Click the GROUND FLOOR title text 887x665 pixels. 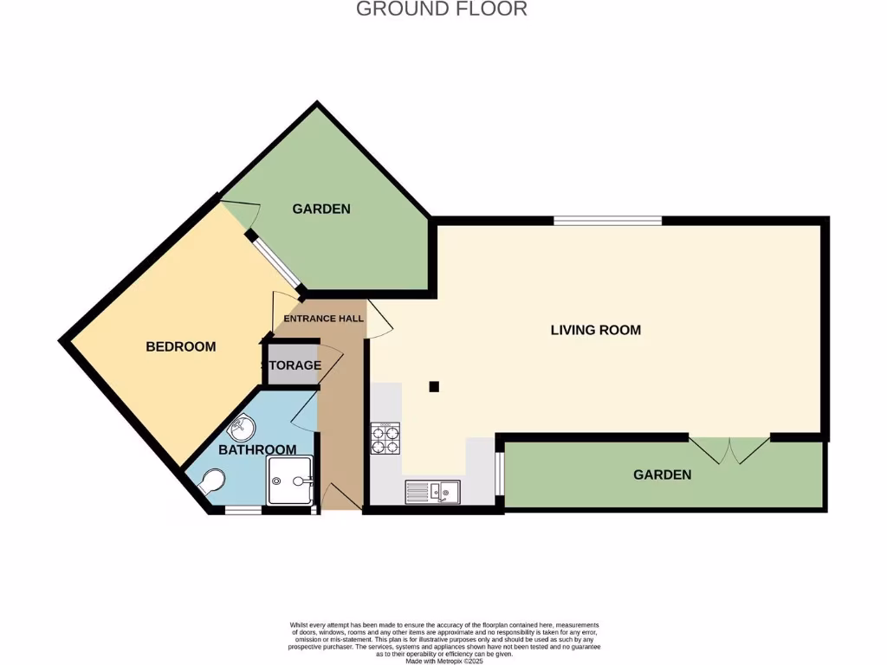442,10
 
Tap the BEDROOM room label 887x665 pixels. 180,346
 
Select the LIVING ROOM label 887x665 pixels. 596,330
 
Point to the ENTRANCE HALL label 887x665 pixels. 324,319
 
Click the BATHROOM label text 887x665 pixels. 256,449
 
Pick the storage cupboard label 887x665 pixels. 293,365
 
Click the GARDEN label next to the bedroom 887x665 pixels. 320,209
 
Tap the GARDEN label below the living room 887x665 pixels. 662,475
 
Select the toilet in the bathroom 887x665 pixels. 210,482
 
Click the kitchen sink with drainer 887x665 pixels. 432,492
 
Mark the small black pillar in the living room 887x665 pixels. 434,386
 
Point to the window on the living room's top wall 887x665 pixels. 607,221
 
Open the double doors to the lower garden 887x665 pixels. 729,448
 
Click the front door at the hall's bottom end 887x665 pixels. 341,497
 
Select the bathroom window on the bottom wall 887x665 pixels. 243,510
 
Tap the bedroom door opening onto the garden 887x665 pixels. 242,210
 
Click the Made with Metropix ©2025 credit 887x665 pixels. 443,661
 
